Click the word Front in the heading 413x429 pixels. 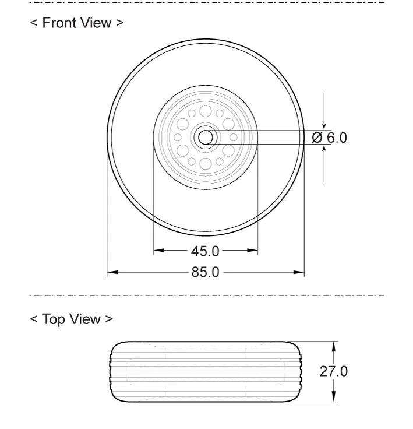pos(60,23)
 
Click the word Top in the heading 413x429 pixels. pos(53,319)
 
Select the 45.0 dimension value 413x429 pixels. pos(205,251)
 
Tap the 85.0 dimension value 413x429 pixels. pos(205,272)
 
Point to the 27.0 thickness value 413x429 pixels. pos(333,371)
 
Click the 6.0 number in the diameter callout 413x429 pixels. pos(337,138)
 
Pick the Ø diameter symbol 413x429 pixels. pos(317,138)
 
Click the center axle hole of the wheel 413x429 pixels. pos(206,138)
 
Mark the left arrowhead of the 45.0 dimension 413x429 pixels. pos(159,250)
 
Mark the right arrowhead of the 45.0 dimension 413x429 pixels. pos(252,250)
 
